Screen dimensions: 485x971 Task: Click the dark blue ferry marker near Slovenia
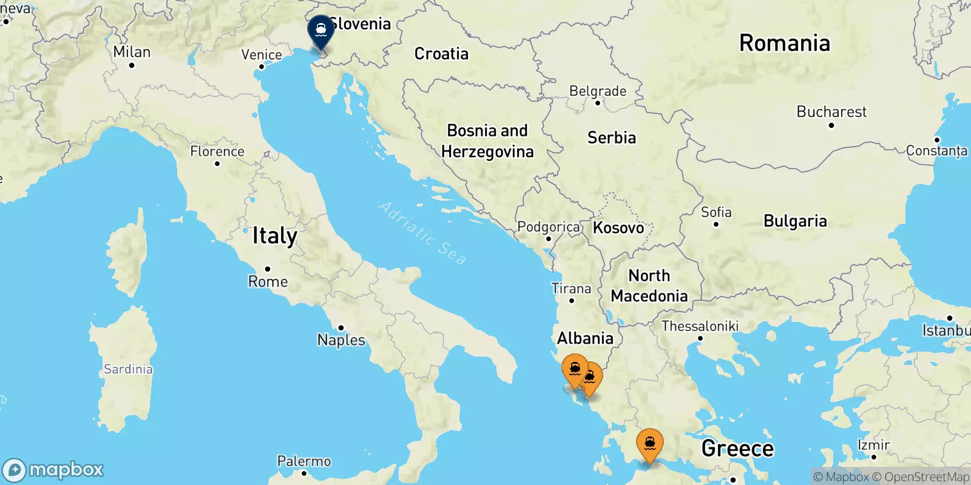[x=320, y=30]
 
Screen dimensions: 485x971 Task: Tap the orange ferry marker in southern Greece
[x=649, y=444]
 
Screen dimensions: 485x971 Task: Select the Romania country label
[x=784, y=43]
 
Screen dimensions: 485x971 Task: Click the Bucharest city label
[x=831, y=112]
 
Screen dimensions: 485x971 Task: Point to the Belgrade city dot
[x=598, y=103]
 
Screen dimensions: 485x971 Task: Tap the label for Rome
[x=268, y=281]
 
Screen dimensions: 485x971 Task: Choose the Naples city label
[x=341, y=339]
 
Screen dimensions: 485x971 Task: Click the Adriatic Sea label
[x=423, y=233]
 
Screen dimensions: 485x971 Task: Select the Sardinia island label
[x=128, y=369]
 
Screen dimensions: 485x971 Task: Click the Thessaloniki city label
[x=700, y=326]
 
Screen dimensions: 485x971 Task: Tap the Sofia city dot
[x=716, y=224]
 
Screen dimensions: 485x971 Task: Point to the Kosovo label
[x=618, y=228]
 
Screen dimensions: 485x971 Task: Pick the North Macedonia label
[x=649, y=286]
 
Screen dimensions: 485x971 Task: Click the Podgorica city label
[x=548, y=227]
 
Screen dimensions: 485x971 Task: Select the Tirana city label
[x=571, y=289]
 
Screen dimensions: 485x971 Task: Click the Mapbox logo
[x=53, y=470]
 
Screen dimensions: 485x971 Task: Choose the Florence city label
[x=217, y=152]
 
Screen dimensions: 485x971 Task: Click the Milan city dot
[x=132, y=65]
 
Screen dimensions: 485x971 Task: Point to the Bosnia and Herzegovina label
[x=487, y=141]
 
